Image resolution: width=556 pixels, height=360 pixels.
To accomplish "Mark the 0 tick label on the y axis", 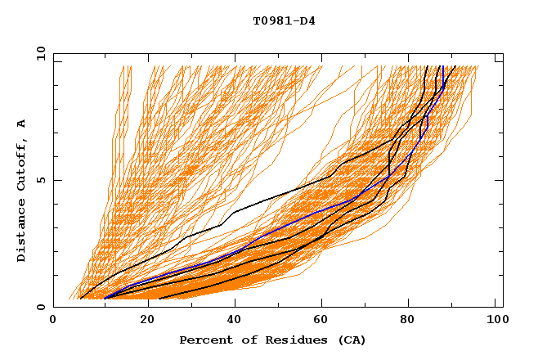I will tap(41, 307).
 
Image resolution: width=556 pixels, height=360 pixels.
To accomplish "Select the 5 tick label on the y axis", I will tap(41, 180).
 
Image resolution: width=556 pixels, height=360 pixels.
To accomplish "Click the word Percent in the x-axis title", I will tap(204, 340).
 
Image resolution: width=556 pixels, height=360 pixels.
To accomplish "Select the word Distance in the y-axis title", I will tap(21, 232).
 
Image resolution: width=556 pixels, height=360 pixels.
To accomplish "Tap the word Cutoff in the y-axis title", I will tap(21, 163).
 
